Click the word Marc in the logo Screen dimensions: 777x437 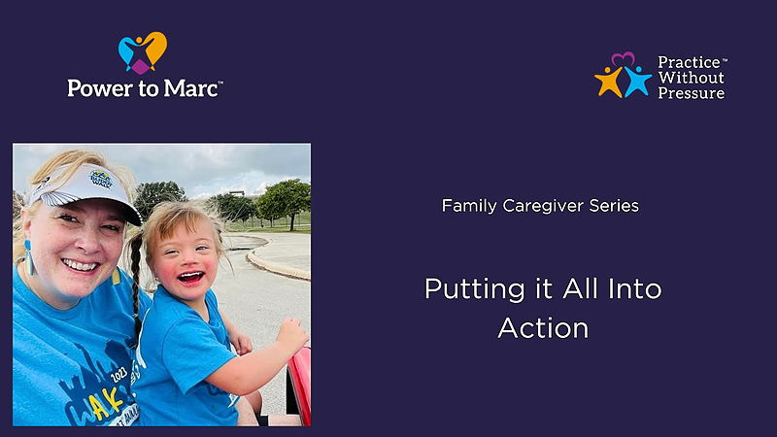click(x=191, y=88)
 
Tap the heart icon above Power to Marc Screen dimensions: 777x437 click(x=142, y=53)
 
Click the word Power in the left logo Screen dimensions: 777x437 click(x=101, y=88)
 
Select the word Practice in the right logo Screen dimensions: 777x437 click(x=689, y=62)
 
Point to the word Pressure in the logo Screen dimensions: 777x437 click(x=692, y=93)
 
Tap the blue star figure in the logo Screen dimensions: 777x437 click(x=637, y=82)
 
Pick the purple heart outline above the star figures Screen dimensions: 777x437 click(x=623, y=59)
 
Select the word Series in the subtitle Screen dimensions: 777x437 click(x=614, y=206)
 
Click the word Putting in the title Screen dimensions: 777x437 click(x=475, y=289)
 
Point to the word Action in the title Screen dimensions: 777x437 click(x=543, y=328)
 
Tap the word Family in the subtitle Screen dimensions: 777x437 click(x=469, y=206)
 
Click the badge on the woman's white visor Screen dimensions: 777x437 click(x=101, y=180)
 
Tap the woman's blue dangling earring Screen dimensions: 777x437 click(x=28, y=257)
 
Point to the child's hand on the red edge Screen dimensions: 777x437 click(x=292, y=334)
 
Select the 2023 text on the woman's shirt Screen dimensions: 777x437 click(x=118, y=375)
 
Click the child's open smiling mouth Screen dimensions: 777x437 click(x=190, y=277)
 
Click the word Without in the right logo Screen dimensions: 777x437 click(x=691, y=78)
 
